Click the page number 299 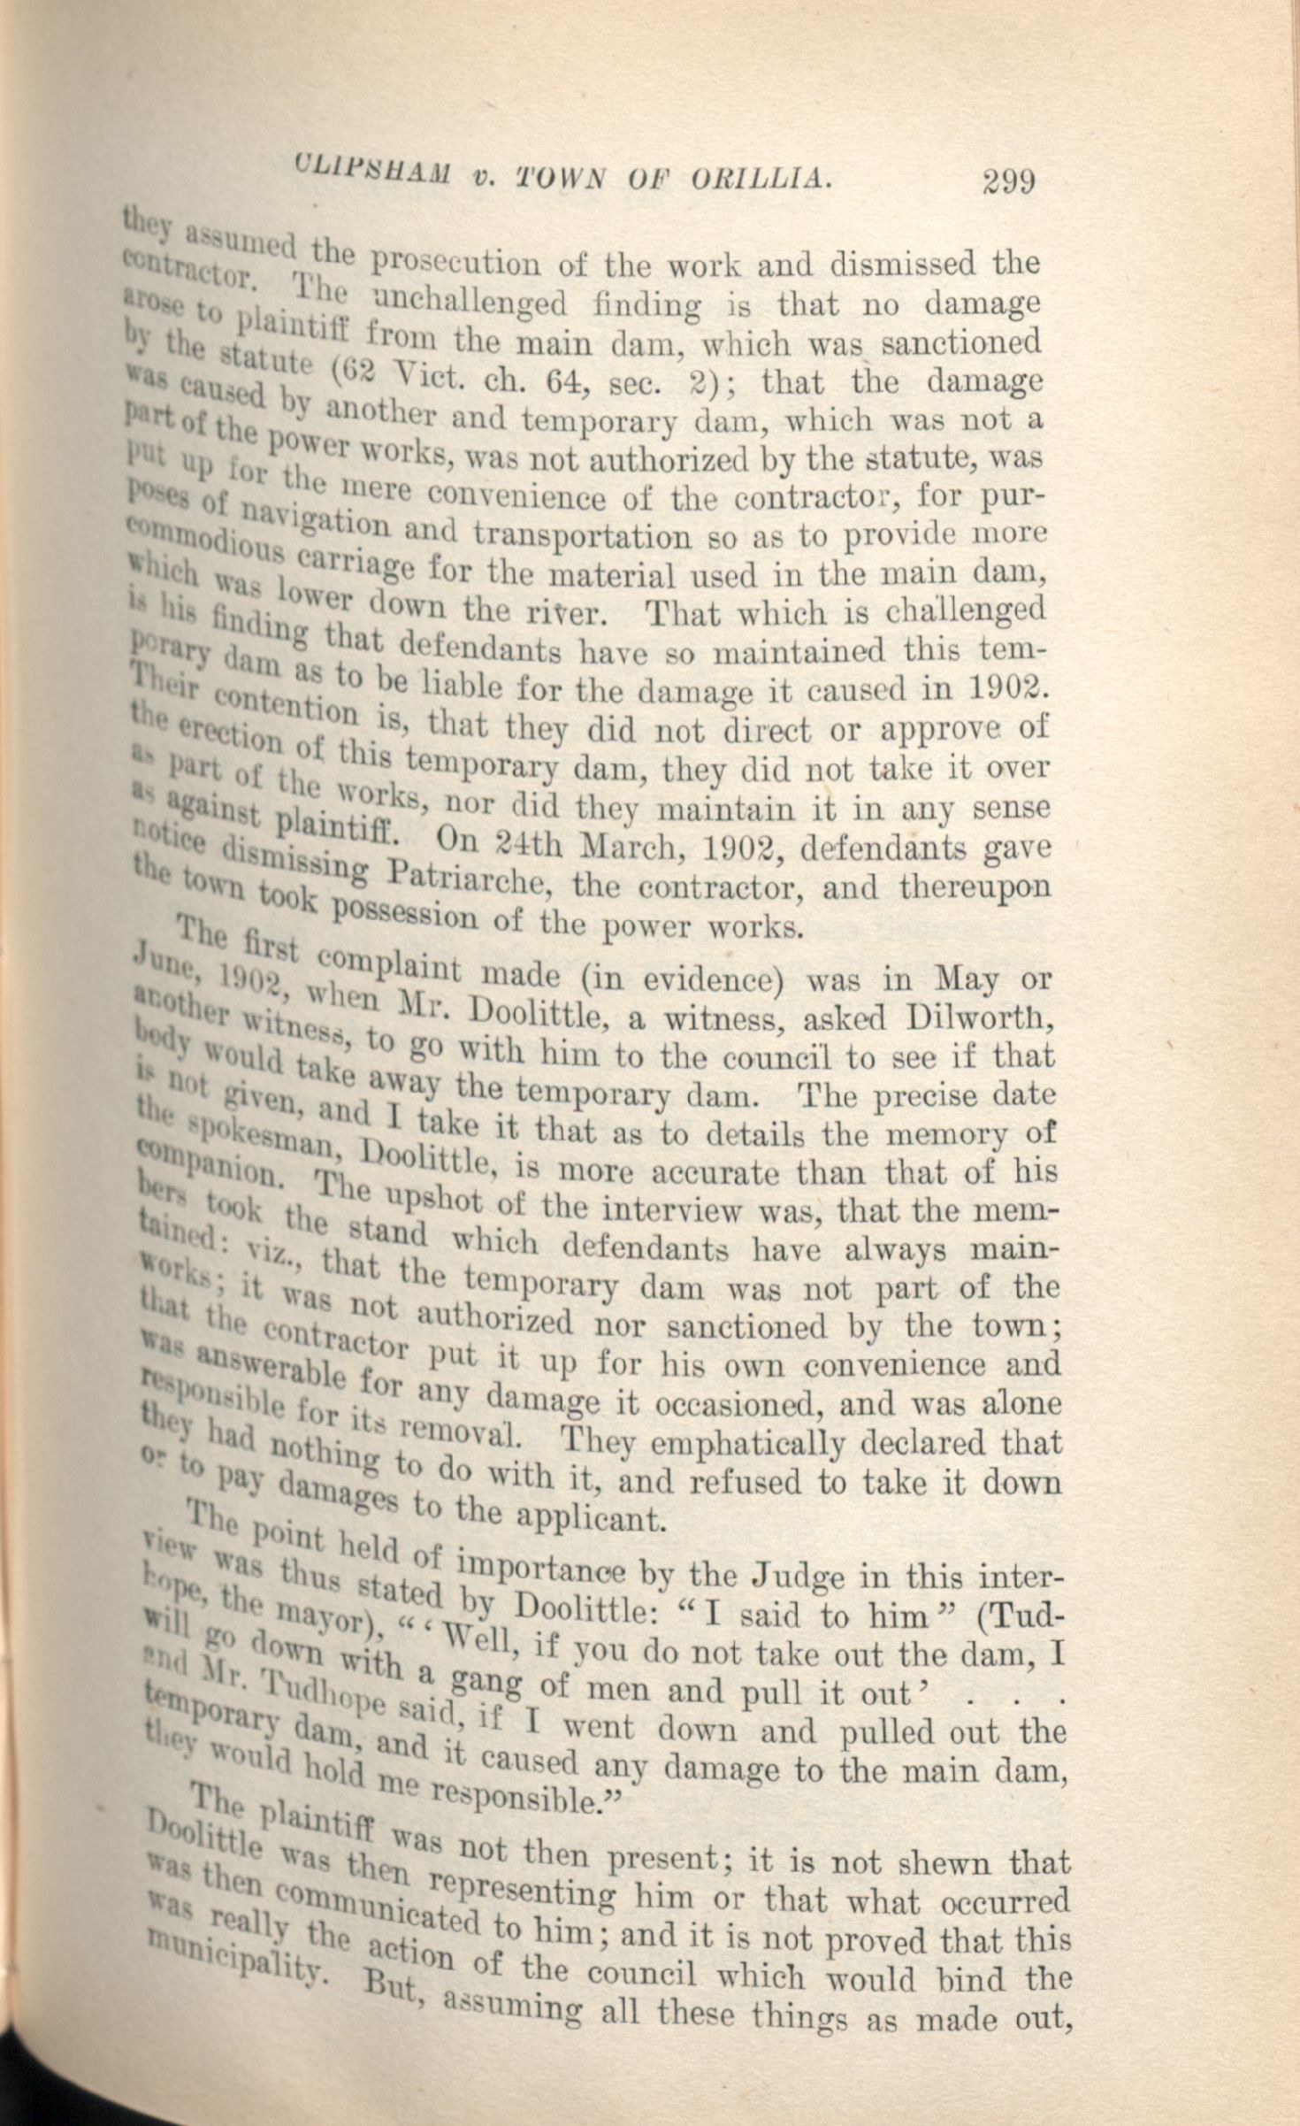(1007, 181)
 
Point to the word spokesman (265, 1135)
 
